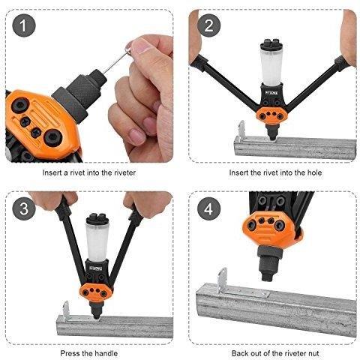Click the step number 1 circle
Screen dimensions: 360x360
(24, 25)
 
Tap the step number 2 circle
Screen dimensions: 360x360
(208, 25)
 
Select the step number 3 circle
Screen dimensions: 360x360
(24, 208)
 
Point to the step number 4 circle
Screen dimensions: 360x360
(208, 208)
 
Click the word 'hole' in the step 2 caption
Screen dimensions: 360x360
(313, 172)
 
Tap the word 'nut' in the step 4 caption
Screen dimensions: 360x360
(313, 353)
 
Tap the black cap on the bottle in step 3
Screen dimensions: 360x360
(97, 219)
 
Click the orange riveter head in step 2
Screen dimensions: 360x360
(271, 115)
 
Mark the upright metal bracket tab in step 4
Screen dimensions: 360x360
(222, 280)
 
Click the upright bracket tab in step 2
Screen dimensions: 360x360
(241, 130)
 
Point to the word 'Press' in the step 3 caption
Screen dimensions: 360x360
(70, 353)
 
